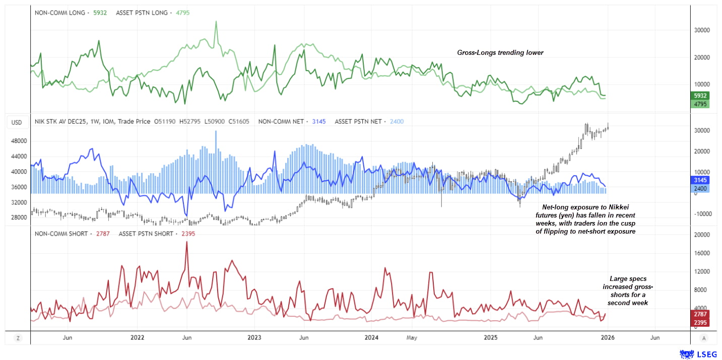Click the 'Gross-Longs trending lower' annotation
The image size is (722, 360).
click(x=500, y=52)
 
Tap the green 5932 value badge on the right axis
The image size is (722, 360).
click(x=700, y=96)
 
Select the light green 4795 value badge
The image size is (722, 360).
click(x=700, y=104)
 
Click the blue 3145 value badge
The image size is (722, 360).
click(x=700, y=180)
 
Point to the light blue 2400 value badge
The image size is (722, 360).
click(x=700, y=189)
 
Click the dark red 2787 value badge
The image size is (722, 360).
click(x=700, y=314)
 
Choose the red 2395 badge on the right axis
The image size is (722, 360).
click(x=700, y=322)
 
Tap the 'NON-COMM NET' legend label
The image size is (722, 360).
click(x=281, y=121)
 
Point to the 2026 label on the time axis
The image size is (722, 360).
click(x=607, y=338)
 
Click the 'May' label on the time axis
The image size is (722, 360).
click(x=412, y=338)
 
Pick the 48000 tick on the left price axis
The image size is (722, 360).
click(x=19, y=141)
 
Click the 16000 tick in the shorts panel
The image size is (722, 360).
click(x=698, y=253)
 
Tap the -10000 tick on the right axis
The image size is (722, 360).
click(x=698, y=213)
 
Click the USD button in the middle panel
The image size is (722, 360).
click(x=17, y=122)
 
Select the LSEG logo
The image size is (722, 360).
click(x=698, y=354)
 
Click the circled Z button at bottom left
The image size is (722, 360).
click(x=18, y=338)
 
